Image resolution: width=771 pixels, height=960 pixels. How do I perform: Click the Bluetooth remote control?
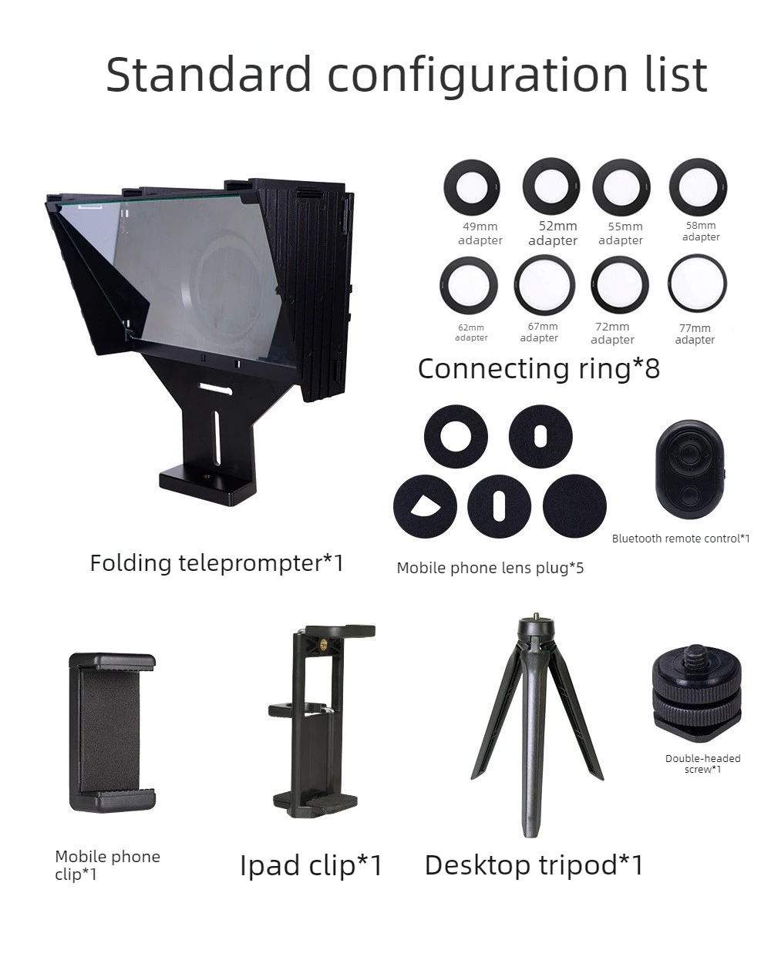[690, 469]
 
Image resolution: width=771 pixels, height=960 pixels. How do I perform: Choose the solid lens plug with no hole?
[574, 506]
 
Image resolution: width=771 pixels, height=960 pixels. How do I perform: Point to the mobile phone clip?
[113, 733]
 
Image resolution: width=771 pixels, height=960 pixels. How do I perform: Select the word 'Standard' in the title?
[209, 74]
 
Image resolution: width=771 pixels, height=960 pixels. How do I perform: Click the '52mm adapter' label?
[553, 233]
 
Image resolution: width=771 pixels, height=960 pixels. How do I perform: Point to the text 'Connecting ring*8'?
[539, 368]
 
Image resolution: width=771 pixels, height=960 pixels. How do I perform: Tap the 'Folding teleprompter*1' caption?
[217, 563]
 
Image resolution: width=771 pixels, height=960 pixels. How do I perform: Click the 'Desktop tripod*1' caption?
[534, 865]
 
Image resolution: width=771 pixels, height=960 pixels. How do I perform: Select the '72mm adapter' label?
[612, 334]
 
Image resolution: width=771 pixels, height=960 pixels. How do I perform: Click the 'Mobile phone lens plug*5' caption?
[490, 568]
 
